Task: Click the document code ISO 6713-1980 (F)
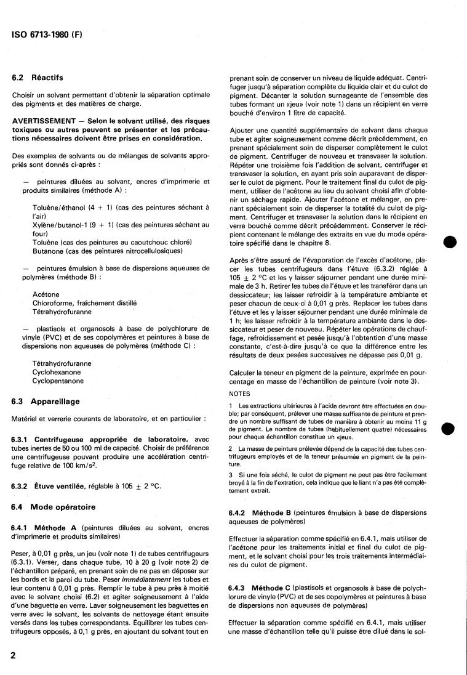click(x=47, y=35)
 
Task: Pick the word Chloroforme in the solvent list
click(x=55, y=303)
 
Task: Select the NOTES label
click(x=239, y=394)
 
